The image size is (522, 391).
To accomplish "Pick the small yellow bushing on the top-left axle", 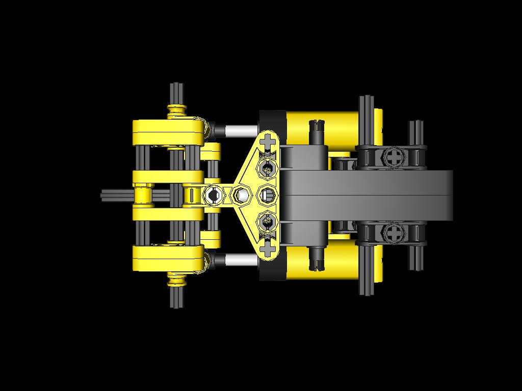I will click(x=177, y=109).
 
